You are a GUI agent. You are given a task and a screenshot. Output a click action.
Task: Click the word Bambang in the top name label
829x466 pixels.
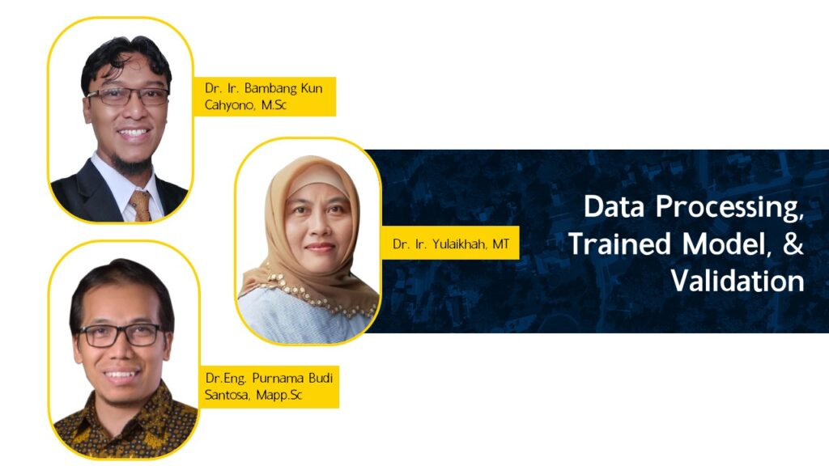pos(267,88)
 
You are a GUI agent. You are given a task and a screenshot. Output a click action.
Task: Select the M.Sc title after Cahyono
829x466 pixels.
pos(274,104)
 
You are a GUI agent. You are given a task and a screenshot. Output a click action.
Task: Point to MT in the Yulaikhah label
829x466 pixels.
pos(501,244)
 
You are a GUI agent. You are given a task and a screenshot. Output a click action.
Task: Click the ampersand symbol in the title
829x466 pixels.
pos(793,244)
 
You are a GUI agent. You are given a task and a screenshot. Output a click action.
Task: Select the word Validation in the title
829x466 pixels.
pos(738,281)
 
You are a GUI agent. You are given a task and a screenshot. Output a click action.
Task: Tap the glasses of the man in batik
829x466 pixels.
pos(121,336)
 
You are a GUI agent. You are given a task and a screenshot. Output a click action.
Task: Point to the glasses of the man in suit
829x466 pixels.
pos(128,96)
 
